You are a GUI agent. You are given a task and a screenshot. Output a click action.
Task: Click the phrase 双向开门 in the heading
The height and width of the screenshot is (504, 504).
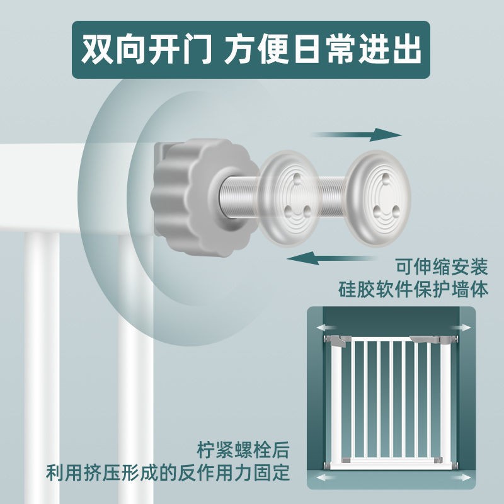click(x=146, y=50)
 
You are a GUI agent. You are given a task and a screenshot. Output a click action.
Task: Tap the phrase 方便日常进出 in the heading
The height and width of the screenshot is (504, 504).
click(x=322, y=50)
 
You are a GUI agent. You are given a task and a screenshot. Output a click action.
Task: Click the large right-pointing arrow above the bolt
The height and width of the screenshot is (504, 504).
click(x=357, y=134)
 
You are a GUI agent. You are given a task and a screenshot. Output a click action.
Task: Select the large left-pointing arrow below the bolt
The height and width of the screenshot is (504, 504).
click(x=331, y=258)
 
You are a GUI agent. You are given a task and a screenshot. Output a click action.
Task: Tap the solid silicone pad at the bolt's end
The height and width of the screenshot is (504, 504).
click(x=379, y=198)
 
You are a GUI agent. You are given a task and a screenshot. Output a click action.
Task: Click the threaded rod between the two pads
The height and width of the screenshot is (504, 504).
click(x=333, y=195)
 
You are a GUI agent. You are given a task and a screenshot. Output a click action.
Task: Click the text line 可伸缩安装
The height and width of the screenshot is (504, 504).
click(x=442, y=267)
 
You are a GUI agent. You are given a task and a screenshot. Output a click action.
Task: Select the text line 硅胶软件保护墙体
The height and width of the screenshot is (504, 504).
click(x=413, y=289)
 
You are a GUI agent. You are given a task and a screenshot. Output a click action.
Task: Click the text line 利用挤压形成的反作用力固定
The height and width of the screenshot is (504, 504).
click(x=168, y=472)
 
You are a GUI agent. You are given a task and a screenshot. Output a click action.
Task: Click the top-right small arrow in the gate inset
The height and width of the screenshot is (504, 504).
click(x=461, y=328)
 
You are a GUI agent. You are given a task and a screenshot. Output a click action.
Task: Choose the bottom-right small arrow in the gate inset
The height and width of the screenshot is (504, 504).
click(x=461, y=478)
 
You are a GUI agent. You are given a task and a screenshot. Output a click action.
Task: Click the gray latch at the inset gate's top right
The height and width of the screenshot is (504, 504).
click(x=424, y=339)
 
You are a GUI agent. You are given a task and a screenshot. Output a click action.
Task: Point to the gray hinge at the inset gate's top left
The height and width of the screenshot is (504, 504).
click(x=338, y=341)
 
